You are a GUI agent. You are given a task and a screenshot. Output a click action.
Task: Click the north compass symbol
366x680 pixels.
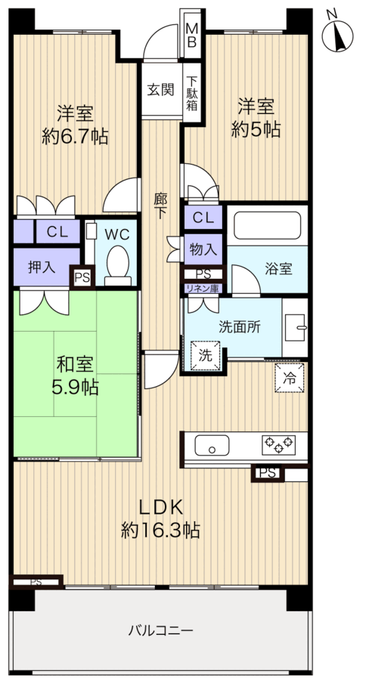tap(337, 34)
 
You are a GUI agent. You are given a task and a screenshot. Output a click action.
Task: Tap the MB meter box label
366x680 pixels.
tap(191, 36)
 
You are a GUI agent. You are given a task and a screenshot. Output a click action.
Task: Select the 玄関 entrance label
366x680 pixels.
tap(160, 90)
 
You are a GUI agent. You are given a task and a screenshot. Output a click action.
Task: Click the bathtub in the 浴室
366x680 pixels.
tap(268, 224)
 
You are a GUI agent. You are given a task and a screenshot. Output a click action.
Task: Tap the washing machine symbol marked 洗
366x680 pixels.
tap(206, 355)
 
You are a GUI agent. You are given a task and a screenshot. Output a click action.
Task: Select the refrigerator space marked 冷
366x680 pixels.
tap(289, 378)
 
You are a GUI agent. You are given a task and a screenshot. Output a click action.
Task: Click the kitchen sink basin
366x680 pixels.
tap(212, 445)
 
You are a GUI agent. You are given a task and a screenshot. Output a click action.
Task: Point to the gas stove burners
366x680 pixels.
tap(278, 444)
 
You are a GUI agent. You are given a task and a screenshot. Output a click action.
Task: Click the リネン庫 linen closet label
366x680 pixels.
tap(203, 289)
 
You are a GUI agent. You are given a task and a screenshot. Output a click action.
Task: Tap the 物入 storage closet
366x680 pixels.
tap(203, 249)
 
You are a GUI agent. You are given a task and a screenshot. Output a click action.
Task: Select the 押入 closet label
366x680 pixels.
tap(42, 267)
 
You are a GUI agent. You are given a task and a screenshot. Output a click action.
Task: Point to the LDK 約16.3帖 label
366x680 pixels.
tap(160, 518)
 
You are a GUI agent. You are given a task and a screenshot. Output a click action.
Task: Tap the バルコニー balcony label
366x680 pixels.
tap(160, 630)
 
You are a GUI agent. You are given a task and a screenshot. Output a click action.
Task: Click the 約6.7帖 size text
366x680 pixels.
tap(75, 137)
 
